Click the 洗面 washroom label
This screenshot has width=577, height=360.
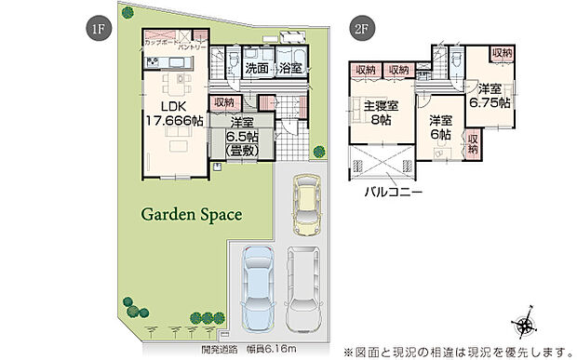(258, 69)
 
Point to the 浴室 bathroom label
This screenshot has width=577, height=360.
(289, 69)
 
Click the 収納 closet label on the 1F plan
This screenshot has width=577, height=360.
(224, 102)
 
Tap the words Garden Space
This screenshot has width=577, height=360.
(191, 214)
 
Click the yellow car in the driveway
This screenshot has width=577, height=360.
(304, 206)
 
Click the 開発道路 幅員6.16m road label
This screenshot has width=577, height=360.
(248, 349)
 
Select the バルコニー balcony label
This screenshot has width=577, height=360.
(393, 193)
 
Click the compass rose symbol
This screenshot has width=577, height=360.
(526, 324)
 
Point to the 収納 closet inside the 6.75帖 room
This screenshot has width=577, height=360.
(502, 55)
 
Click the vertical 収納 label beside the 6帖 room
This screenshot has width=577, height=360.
(473, 143)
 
